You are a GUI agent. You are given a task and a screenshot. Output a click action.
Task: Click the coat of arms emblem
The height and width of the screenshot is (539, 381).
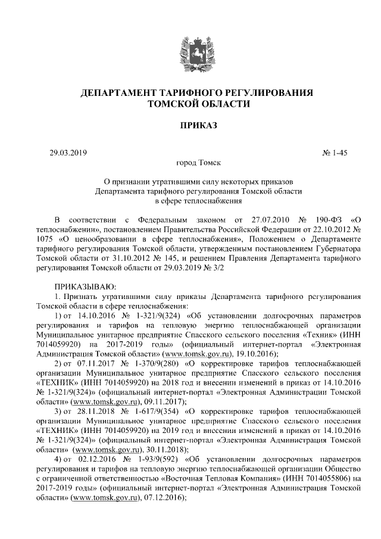[x=190, y=48]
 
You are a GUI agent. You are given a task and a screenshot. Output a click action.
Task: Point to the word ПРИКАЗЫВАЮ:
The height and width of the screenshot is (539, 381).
[x=83, y=287]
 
